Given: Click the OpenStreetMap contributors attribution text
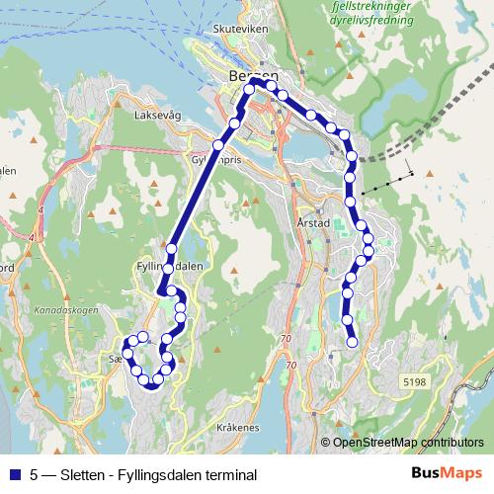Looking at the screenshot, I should (408, 443).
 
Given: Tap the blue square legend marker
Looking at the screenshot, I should (13, 474).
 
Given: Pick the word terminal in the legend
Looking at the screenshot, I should (231, 475).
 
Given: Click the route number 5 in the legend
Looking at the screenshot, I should (35, 475).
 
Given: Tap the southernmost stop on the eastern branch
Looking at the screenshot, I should (352, 342).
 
